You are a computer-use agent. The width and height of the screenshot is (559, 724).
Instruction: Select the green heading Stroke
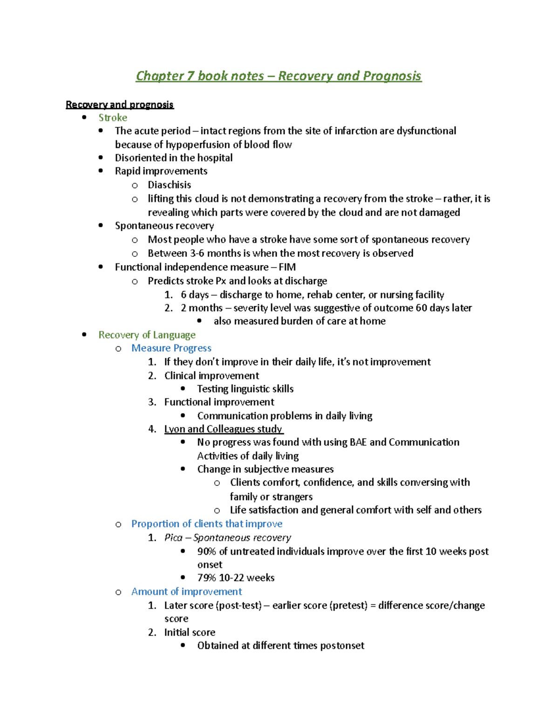[x=113, y=117]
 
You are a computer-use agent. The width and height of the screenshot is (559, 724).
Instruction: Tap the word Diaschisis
[x=169, y=185]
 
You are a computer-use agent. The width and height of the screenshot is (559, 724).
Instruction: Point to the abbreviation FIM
[x=287, y=267]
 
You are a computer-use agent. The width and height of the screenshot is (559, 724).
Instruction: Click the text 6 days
[x=194, y=295]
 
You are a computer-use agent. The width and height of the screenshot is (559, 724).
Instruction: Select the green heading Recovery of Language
[x=147, y=335]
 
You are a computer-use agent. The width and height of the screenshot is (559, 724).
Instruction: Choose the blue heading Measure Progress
[x=171, y=348]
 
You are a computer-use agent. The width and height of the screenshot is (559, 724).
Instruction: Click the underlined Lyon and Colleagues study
[x=223, y=429]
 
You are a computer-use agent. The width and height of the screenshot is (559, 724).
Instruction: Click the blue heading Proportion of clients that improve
[x=206, y=524]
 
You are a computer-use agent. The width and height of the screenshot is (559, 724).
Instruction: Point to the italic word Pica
[x=173, y=538]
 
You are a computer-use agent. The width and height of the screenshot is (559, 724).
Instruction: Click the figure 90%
[x=206, y=552]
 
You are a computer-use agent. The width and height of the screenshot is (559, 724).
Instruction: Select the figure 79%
[x=206, y=578]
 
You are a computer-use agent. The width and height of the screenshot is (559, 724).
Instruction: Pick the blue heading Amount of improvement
[x=186, y=592]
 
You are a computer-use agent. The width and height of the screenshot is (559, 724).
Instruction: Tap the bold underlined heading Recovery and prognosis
[x=120, y=104]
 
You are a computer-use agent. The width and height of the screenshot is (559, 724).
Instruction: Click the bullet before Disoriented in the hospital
[x=101, y=158]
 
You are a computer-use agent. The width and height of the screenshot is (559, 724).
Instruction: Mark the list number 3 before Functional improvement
[x=152, y=402]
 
